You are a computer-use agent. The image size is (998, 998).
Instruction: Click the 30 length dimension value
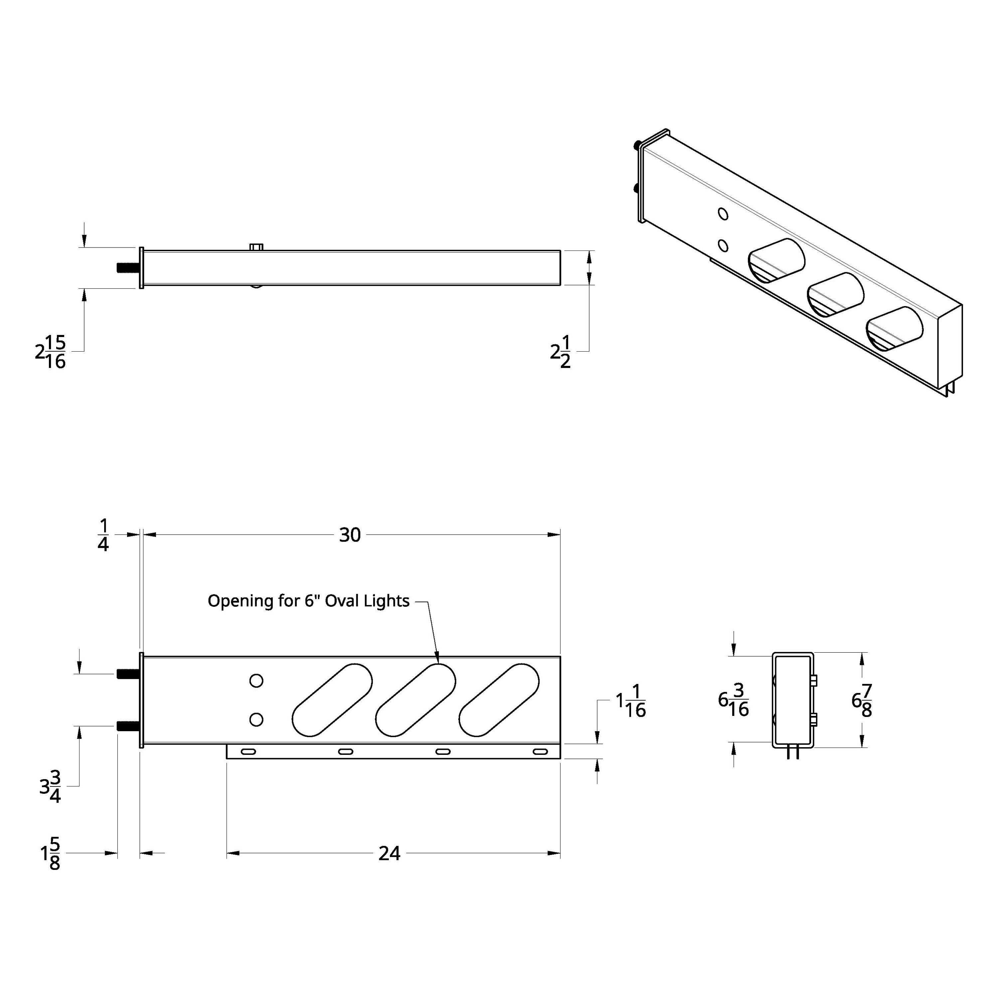point(350,535)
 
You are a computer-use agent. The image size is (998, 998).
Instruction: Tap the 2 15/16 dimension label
point(51,352)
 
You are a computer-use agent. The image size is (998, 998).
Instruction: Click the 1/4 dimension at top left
point(103,536)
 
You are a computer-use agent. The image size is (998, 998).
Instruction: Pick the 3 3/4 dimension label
point(51,787)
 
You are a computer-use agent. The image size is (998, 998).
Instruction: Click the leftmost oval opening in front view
point(332,700)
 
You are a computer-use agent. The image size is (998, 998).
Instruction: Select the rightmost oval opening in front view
point(499,700)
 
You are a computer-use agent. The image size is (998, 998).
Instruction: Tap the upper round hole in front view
point(256,681)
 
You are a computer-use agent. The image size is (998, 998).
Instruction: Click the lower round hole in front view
point(256,720)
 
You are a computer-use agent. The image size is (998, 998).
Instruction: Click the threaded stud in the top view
point(127,267)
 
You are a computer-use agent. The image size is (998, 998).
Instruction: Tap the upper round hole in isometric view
point(723,214)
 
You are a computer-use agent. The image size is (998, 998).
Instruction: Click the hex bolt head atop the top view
point(256,247)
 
